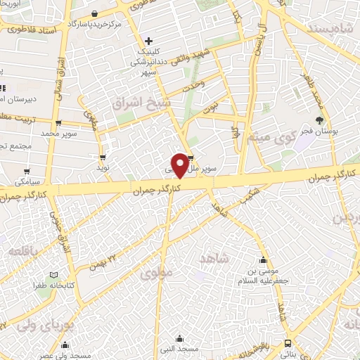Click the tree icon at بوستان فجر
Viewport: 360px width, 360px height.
coord(319,120)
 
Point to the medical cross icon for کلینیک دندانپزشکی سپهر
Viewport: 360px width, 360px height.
coord(148,41)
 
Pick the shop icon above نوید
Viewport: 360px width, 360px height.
coord(103,157)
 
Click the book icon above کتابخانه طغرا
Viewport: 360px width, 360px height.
coord(53,275)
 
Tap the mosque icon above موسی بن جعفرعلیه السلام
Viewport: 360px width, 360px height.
coord(264,259)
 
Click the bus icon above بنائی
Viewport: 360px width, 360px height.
coord(288,344)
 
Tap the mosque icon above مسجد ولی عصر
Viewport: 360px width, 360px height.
coord(65,345)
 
